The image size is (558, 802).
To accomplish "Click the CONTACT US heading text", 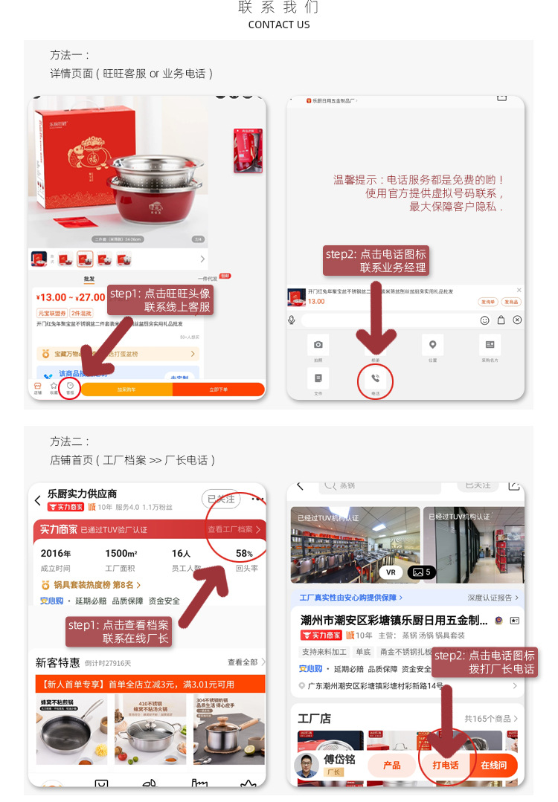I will point(279,25).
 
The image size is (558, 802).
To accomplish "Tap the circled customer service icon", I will point(70,387).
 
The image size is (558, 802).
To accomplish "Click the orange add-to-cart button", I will point(126,389).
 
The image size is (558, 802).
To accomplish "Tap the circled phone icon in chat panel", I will point(375,381).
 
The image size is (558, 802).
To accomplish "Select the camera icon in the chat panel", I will point(318,345).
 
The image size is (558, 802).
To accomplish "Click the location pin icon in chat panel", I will point(432,345).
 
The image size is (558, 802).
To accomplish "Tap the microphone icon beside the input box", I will point(292,320).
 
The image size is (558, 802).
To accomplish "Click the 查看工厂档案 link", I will point(234,530).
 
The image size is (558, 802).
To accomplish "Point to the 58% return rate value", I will point(244,554).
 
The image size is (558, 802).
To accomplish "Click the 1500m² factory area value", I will point(121,554).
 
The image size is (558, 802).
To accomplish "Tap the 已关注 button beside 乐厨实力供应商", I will point(220,499).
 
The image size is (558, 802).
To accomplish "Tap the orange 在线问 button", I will point(493,765).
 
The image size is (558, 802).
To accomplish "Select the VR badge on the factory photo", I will point(391,572).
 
